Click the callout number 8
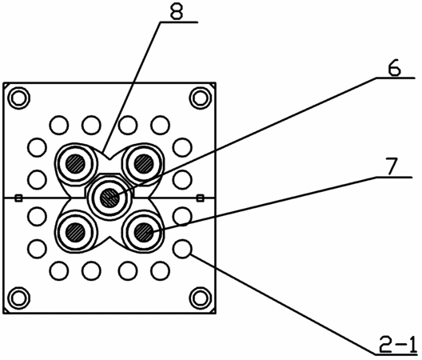coord(177,11)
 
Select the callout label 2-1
coord(398,344)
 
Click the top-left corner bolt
coord(19,98)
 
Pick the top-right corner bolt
coord(201,98)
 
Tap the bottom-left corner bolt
coord(19,298)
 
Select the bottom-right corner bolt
coord(201,298)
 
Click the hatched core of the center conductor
coord(109,198)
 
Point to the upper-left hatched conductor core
coord(76,164)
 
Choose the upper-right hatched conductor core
coord(144,164)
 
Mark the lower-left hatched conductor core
coord(76,232)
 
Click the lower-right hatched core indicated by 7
coord(144,232)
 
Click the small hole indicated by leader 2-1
coord(183,249)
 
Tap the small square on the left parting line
coord(18,198)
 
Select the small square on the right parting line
coord(200,198)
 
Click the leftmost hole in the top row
coord(59,125)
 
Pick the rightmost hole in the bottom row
coord(161,271)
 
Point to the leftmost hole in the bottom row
coord(59,271)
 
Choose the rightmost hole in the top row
coord(161,125)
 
